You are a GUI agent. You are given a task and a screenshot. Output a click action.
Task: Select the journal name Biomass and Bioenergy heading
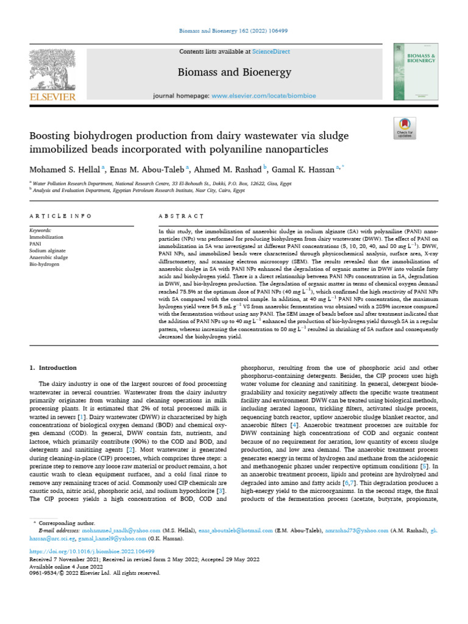click(234, 73)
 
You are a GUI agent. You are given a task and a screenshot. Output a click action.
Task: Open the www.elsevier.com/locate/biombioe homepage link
click(263, 96)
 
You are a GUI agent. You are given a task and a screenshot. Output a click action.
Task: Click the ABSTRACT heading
click(181, 216)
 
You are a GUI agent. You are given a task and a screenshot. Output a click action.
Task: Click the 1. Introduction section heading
click(54, 368)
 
